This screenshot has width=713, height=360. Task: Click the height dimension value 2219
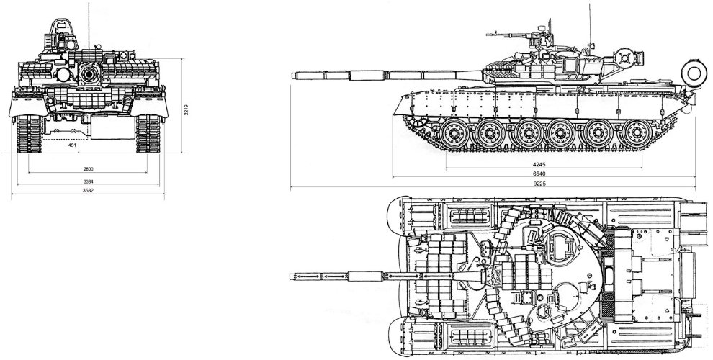click(x=186, y=110)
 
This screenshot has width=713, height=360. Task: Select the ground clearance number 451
click(x=72, y=145)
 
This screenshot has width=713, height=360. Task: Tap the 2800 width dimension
click(x=88, y=169)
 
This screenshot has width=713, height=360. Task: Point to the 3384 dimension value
click(x=88, y=181)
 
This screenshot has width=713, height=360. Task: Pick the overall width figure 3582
click(x=88, y=191)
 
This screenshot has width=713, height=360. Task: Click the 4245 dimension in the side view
click(x=539, y=165)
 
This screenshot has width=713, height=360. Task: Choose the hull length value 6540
click(x=539, y=174)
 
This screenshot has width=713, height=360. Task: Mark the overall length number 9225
click(x=539, y=184)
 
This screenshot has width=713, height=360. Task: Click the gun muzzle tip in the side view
click(x=292, y=76)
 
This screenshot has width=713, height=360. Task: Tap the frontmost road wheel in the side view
click(x=453, y=133)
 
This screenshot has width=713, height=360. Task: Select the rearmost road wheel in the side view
click(x=637, y=133)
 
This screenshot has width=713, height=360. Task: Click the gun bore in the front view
click(x=89, y=73)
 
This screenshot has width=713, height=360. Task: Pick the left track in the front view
click(x=30, y=133)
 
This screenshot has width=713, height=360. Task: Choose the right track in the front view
click(x=148, y=133)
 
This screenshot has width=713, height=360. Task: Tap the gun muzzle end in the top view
click(x=291, y=276)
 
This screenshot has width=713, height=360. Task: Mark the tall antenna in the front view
click(x=89, y=25)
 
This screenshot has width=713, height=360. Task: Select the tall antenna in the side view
click(x=590, y=23)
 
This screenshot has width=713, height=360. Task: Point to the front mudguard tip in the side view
click(x=395, y=114)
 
